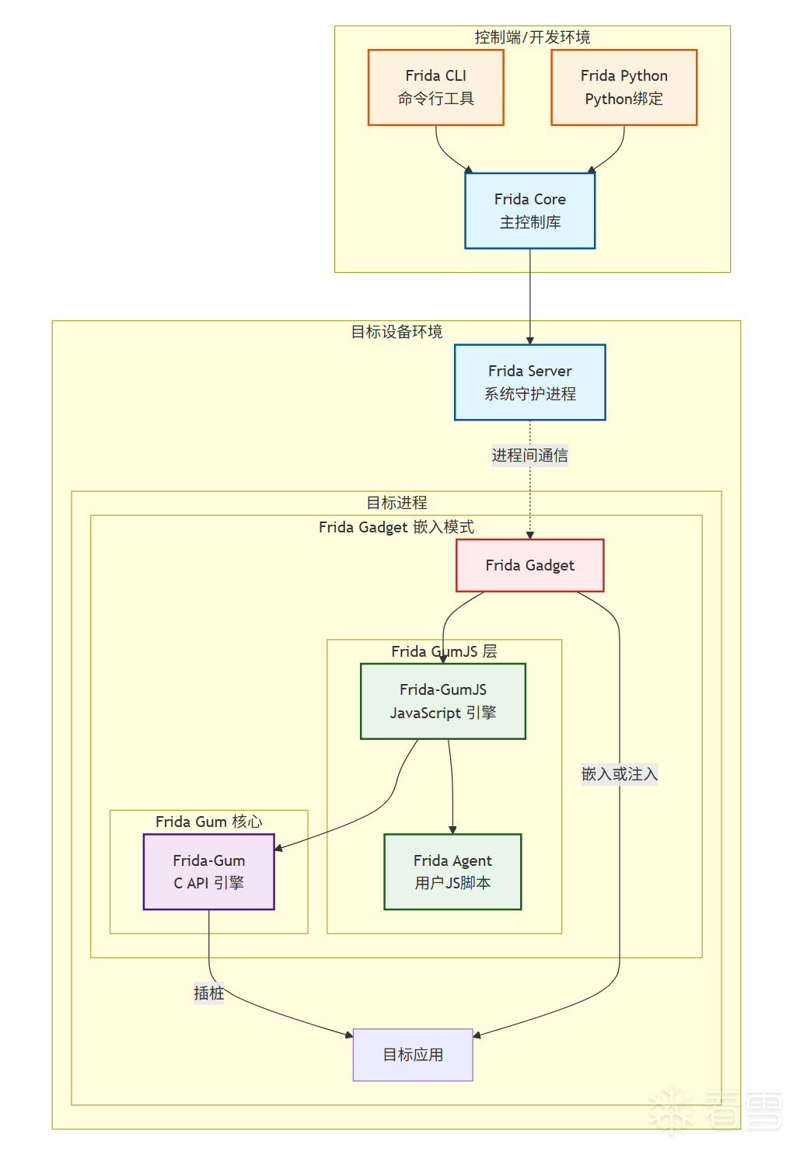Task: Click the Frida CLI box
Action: point(435,87)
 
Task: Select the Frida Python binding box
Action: point(624,87)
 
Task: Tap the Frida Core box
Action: point(529,211)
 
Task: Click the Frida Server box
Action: point(529,382)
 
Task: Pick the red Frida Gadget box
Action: point(529,565)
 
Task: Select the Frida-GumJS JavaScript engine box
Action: point(442,701)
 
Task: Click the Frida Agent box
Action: point(452,871)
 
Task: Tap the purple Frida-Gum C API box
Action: point(208,871)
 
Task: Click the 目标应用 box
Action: point(413,1055)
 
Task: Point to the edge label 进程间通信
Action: point(529,455)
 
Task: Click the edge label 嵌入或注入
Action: point(620,774)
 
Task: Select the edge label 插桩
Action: point(208,993)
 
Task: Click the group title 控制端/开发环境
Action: point(532,37)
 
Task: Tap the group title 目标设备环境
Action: point(397,332)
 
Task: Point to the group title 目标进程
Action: point(397,503)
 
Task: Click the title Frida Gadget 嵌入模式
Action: point(397,527)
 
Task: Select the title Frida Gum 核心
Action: point(208,822)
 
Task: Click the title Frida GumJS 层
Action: point(444,651)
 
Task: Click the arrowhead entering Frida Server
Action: point(530,340)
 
